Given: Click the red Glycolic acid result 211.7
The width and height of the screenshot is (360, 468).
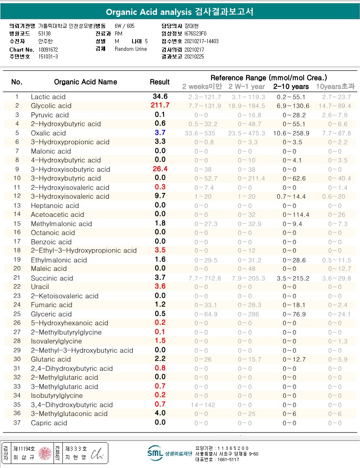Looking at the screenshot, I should coord(159,106).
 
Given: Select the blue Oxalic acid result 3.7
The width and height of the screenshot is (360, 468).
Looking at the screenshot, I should coord(160,133).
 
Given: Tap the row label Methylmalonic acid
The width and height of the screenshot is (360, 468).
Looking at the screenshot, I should coord(61,224).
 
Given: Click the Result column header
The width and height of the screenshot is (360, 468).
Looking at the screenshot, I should coord(159,82).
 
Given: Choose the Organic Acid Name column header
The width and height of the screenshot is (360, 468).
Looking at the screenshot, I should coord(85,82).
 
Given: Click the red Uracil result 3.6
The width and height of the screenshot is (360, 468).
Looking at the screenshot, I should coord(160,287).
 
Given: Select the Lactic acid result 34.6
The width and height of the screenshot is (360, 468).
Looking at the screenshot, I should coord(160,97).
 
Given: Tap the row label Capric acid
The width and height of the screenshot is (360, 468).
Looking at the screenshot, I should coord(49,423).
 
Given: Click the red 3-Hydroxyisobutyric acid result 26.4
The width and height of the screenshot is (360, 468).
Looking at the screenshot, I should coord(160,169).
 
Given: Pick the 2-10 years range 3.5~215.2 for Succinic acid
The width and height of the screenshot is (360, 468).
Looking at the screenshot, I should coord(293,278).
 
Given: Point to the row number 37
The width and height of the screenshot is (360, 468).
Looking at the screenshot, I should coord(17,423).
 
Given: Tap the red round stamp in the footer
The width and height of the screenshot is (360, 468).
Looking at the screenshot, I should coord(46,453).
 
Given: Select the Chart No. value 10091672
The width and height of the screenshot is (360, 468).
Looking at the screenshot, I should coord(48,49).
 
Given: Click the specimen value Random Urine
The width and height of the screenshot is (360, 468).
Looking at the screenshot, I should coord(130,49).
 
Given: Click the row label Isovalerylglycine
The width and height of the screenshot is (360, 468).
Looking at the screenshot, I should coord(56,341).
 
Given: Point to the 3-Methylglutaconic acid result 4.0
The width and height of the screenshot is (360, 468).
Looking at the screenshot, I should coord(160,413).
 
